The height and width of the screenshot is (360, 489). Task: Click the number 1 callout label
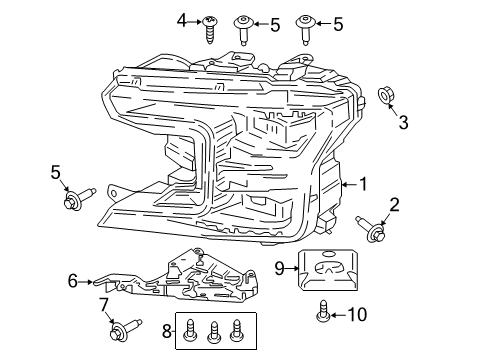364,184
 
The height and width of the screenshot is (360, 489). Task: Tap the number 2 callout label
394,205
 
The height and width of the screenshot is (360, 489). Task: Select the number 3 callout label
403,123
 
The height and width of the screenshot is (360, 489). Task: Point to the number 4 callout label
182,19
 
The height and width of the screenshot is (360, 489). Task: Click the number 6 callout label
71,282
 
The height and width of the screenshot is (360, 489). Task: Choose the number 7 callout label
104,303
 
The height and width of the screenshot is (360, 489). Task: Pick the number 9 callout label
282,267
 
